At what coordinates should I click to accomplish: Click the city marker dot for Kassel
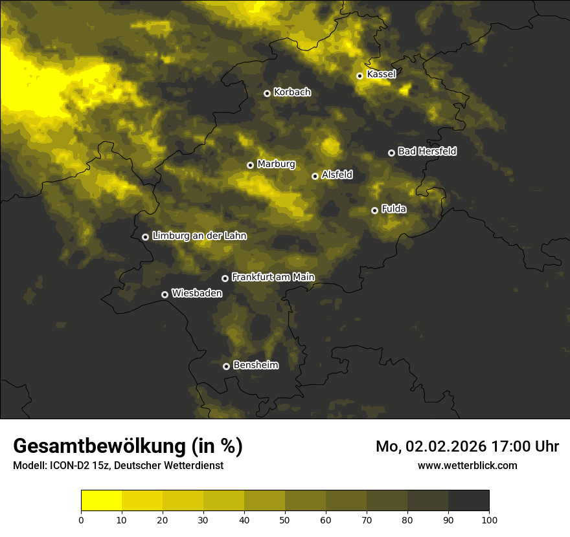359,76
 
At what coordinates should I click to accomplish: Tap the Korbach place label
292,93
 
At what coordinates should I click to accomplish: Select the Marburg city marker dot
250,165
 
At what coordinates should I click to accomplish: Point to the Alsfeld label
337,175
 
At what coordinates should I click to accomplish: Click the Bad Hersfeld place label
427,151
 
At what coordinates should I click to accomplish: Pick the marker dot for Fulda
374,210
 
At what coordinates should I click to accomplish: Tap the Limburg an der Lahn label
199,236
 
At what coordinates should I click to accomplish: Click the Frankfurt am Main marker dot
225,278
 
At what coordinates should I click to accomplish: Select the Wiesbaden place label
196,293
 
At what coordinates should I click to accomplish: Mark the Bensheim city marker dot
226,366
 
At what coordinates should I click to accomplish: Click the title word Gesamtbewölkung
97,446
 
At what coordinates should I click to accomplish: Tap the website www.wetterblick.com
467,465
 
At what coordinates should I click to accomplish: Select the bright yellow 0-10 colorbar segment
102,501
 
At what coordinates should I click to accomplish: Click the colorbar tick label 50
285,520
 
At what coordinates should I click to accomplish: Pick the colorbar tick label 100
489,520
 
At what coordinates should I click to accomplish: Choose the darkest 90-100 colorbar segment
468,501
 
